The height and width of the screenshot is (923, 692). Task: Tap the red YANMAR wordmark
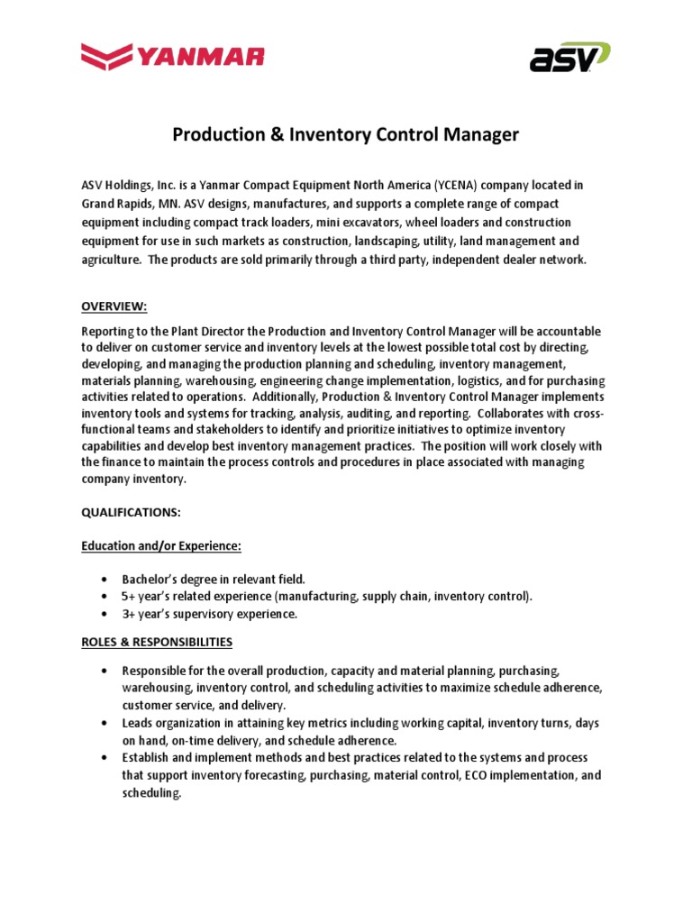(200, 58)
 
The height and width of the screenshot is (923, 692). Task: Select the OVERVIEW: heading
(114, 306)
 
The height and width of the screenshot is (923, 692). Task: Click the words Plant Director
(194, 332)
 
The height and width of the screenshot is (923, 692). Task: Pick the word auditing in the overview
(374, 414)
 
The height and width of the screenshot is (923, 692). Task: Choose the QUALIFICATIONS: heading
(132, 511)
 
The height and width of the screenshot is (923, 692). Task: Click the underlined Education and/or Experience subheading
(161, 545)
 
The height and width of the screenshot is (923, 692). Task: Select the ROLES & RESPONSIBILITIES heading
(158, 642)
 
